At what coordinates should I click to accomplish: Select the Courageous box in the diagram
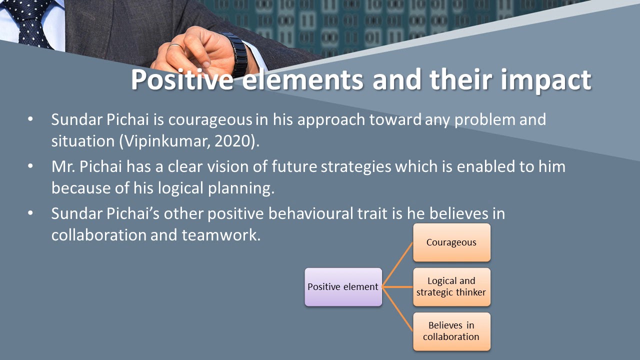(451, 242)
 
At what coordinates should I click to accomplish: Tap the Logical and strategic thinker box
(451, 287)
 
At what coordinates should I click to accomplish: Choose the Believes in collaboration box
(451, 331)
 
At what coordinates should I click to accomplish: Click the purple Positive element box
(343, 287)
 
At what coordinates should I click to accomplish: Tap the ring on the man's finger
(175, 46)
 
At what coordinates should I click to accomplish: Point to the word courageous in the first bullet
(210, 120)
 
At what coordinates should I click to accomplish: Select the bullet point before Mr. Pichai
(31, 166)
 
